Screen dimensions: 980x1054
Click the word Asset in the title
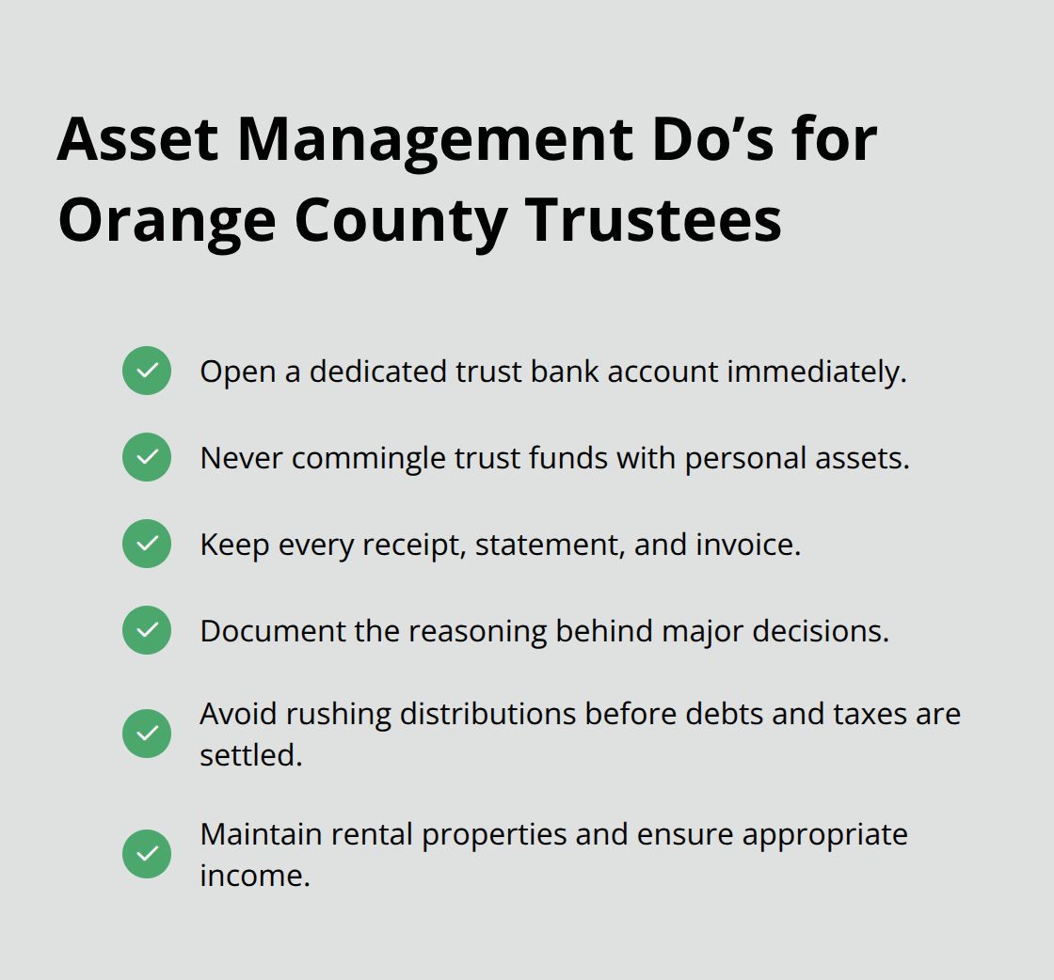tap(137, 140)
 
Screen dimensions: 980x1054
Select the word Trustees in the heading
tap(653, 221)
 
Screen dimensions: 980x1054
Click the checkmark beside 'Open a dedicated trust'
tap(147, 371)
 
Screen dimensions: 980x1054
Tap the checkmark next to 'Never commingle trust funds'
tap(147, 457)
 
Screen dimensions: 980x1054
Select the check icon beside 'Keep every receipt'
tap(147, 544)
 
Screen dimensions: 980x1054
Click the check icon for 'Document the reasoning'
tap(147, 630)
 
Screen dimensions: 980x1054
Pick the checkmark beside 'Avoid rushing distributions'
tap(147, 734)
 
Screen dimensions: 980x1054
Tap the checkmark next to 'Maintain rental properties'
tap(147, 854)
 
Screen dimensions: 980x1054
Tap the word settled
tap(250, 755)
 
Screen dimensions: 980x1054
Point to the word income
tap(254, 876)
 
